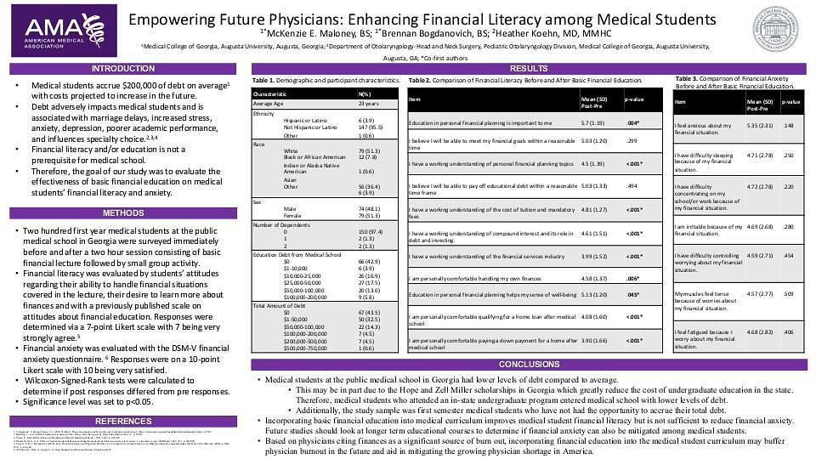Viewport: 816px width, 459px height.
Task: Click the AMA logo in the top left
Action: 60,31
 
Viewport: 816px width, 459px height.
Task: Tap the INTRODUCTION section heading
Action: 123,69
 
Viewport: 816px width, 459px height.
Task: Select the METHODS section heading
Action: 123,213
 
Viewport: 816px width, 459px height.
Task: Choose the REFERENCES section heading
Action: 123,422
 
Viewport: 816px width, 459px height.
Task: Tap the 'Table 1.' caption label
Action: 263,80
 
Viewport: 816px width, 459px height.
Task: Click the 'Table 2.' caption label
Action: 420,80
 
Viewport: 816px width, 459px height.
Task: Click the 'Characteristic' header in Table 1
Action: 270,93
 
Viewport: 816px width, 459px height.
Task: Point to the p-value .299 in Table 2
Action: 632,140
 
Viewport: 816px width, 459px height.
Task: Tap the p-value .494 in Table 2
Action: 632,186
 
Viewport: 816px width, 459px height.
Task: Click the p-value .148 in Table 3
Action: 789,126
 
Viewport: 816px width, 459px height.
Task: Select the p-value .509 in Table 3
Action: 789,293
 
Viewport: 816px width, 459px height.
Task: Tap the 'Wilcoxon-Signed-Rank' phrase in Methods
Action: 61,381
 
